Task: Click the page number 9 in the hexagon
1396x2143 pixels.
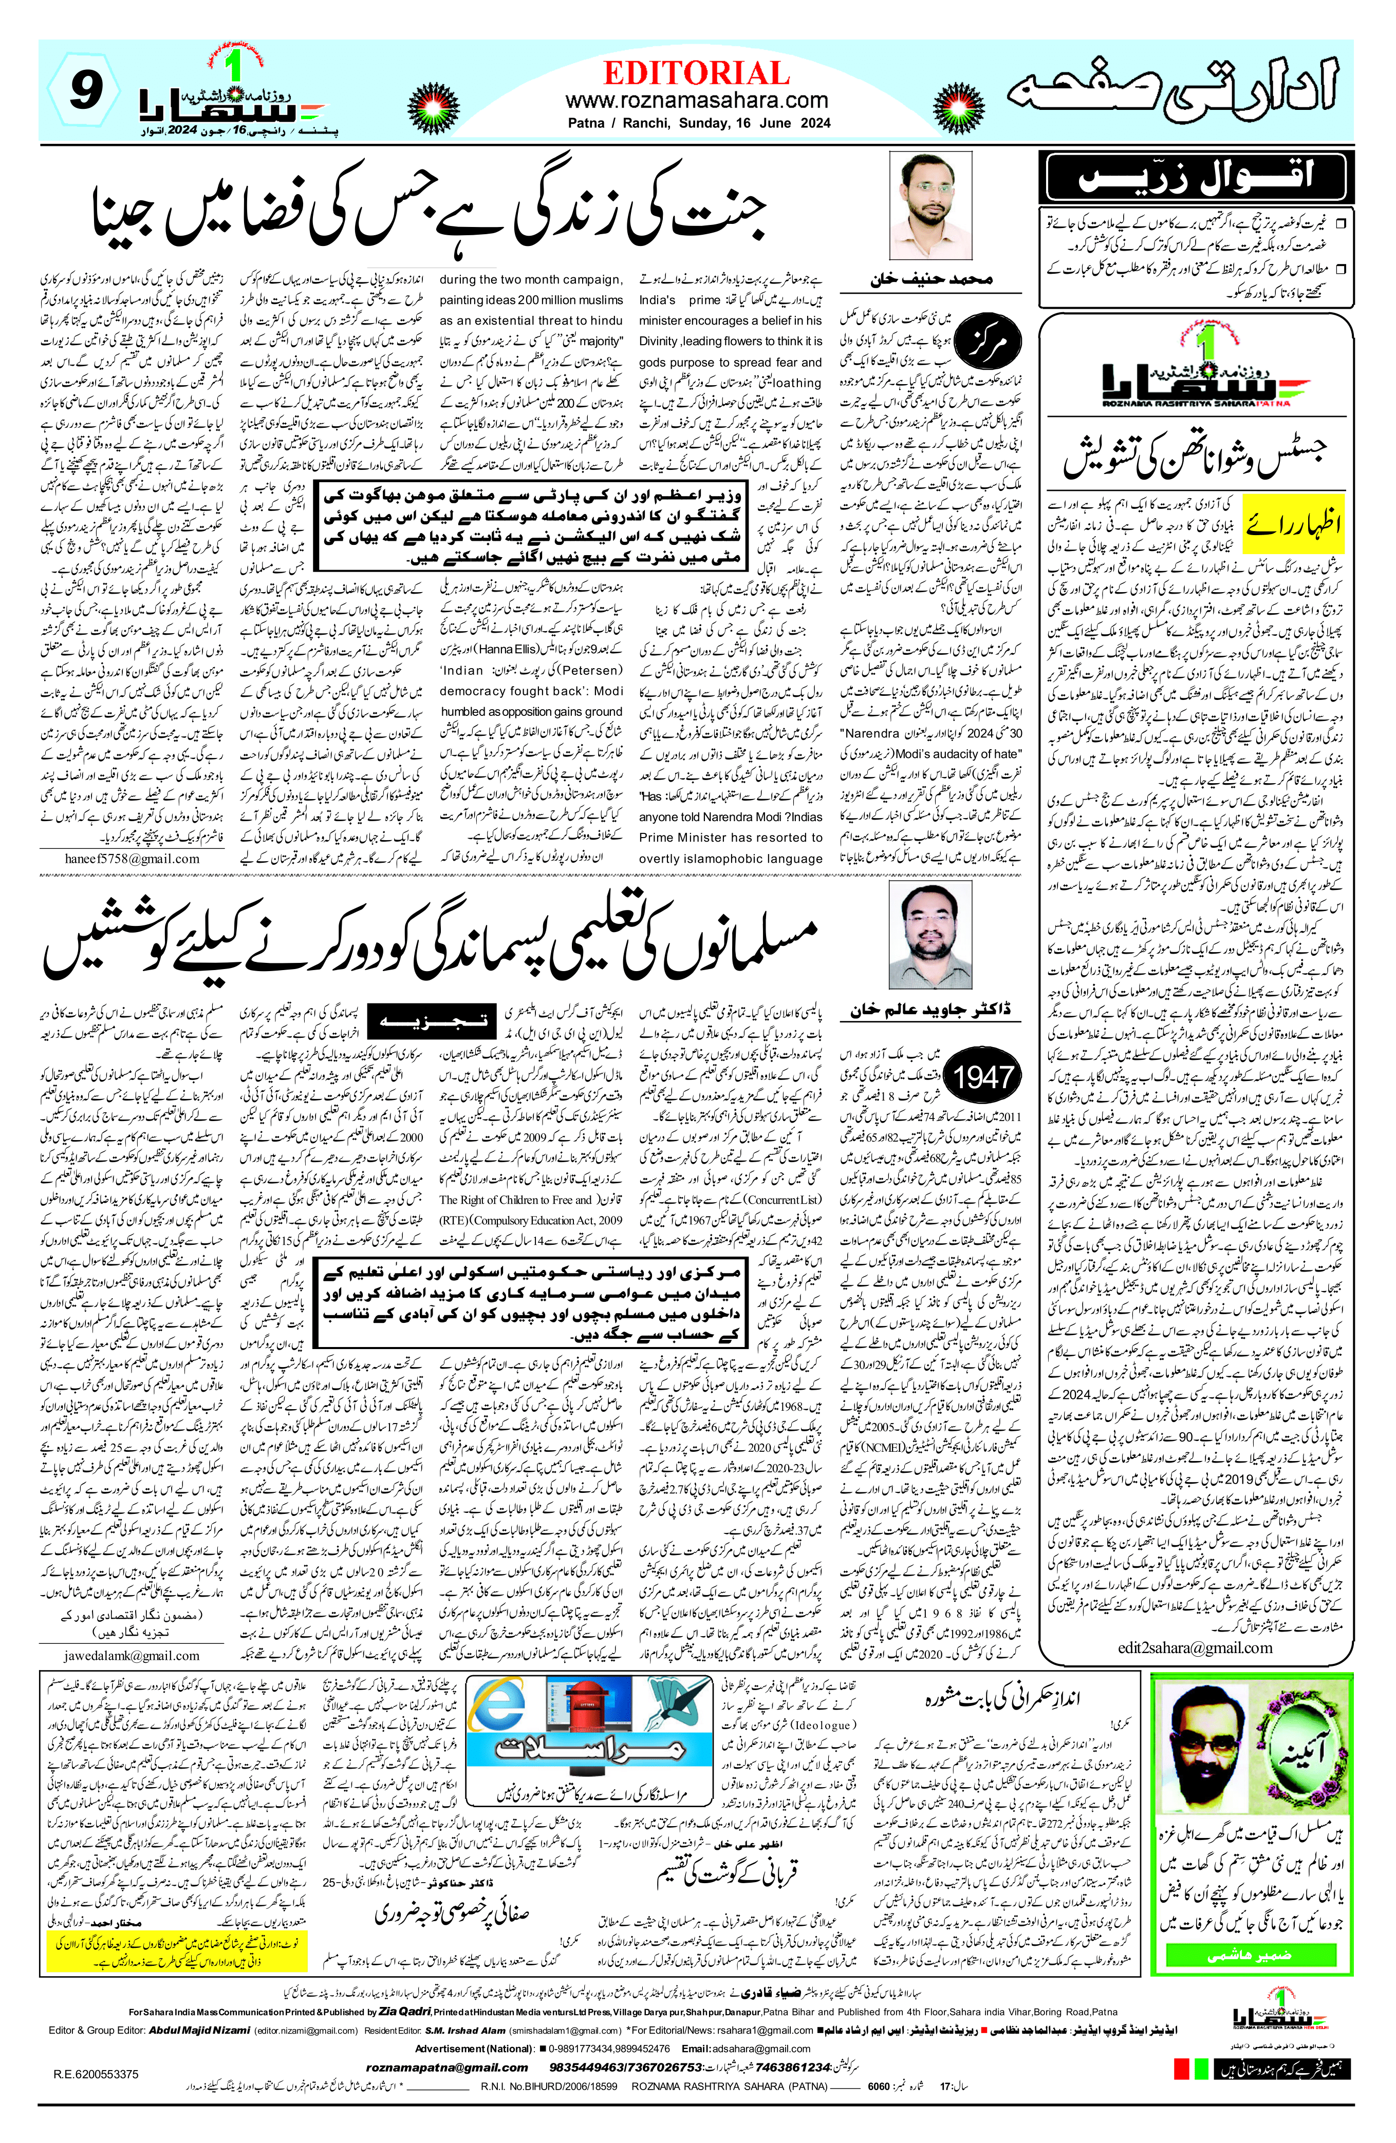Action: (83, 92)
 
